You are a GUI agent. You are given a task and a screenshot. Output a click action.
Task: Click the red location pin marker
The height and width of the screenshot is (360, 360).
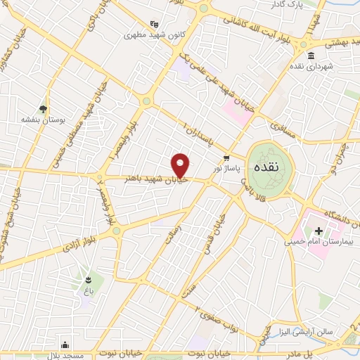click(181, 166)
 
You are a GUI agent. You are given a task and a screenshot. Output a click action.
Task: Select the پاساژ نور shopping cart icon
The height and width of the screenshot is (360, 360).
click(226, 158)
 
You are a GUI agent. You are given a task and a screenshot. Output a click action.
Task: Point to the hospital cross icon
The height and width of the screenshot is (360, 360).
click(318, 230)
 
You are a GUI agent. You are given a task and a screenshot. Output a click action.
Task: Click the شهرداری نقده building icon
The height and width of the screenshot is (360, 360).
click(311, 56)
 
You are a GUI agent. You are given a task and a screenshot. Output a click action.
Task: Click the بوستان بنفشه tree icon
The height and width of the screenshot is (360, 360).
click(44, 108)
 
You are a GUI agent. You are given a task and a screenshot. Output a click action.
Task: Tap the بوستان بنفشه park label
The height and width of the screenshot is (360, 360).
click(43, 120)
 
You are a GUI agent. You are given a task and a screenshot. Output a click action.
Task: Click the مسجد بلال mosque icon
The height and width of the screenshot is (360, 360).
click(65, 345)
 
